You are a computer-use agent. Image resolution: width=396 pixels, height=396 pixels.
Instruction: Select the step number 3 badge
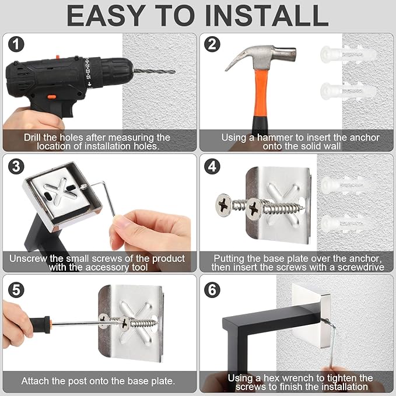(16, 166)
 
